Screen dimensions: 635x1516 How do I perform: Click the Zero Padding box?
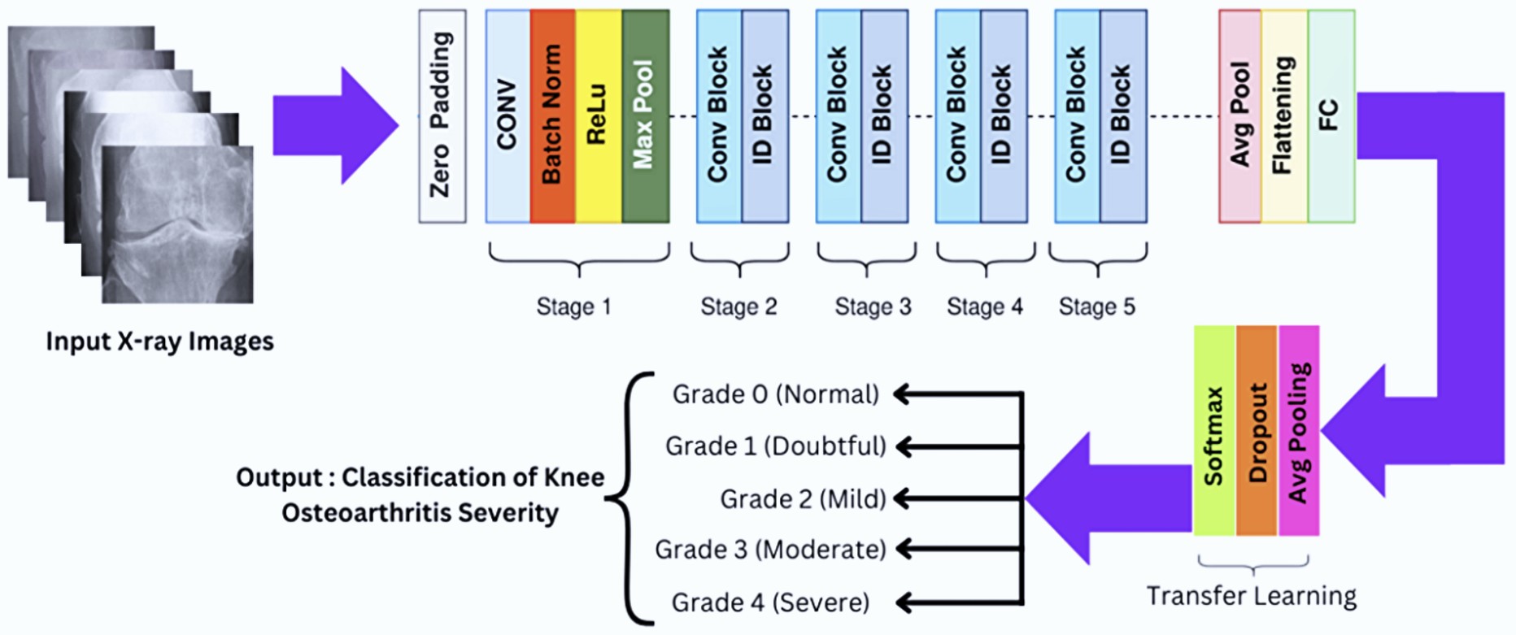pyautogui.click(x=442, y=116)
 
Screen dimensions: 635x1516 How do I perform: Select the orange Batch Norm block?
pyautogui.click(x=552, y=116)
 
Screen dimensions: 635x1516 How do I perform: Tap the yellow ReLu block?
pyautogui.click(x=598, y=116)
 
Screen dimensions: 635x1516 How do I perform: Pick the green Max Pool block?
pyautogui.click(x=645, y=116)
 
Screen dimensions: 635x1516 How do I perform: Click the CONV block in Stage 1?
pyautogui.click(x=508, y=116)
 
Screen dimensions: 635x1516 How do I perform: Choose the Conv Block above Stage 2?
pyautogui.click(x=718, y=116)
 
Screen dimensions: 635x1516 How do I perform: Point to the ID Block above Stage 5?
pyautogui.click(x=1122, y=116)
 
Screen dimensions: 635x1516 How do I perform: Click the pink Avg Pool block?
pyautogui.click(x=1239, y=116)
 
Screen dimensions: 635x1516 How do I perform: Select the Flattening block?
pyautogui.click(x=1284, y=116)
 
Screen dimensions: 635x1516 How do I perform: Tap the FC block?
pyautogui.click(x=1331, y=116)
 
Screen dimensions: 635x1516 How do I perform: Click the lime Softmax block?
pyautogui.click(x=1214, y=431)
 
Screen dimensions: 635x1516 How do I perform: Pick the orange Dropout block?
pyautogui.click(x=1257, y=431)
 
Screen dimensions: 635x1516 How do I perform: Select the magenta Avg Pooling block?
pyautogui.click(x=1299, y=431)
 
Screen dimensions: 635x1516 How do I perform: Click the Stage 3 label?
pyautogui.click(x=873, y=307)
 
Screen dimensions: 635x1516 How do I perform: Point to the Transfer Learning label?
pyautogui.click(x=1251, y=596)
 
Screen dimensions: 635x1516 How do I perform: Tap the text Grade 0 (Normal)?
pyautogui.click(x=775, y=394)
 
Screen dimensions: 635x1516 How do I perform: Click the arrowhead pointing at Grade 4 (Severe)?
pyautogui.click(x=903, y=602)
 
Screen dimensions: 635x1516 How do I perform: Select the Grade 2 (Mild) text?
pyautogui.click(x=803, y=498)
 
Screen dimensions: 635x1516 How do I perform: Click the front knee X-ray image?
pyautogui.click(x=177, y=225)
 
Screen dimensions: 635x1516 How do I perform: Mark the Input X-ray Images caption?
pyautogui.click(x=159, y=341)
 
